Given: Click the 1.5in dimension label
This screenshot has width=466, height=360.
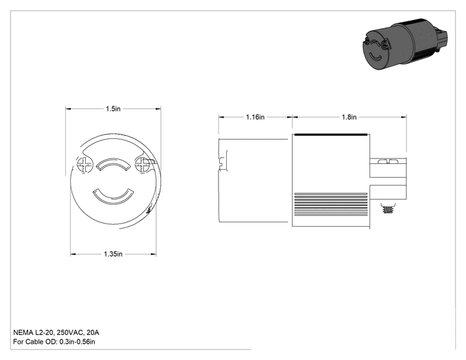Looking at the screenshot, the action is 113,109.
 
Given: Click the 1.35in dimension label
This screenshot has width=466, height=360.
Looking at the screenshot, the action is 113,254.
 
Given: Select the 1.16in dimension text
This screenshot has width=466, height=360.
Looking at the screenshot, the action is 255,117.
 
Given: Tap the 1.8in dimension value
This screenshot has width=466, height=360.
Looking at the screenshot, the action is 349,117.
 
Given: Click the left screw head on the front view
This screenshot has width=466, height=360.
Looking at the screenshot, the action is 85,165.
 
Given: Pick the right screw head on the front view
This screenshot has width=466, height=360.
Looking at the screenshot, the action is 142,165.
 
